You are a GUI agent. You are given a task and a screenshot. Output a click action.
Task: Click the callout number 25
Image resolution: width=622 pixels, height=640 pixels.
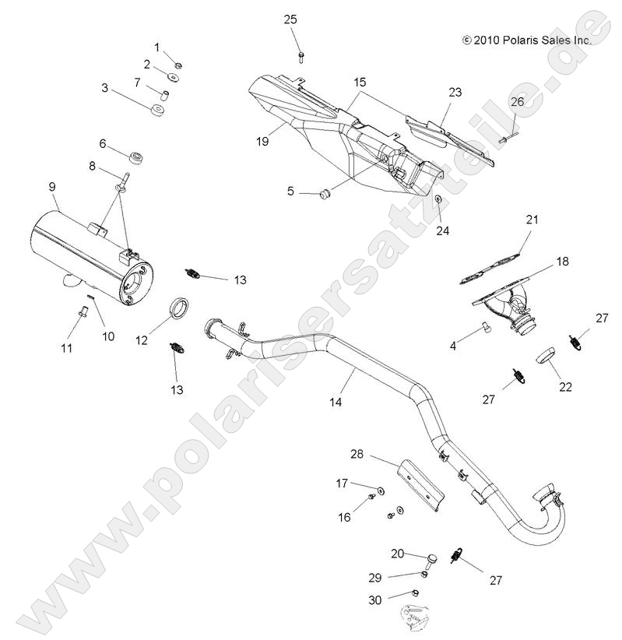coord(290,19)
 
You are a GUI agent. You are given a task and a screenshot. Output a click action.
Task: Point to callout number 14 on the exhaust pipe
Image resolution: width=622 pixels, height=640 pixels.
coord(336,402)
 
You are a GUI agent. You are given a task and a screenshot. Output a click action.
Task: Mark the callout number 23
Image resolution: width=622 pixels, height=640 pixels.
coord(455,92)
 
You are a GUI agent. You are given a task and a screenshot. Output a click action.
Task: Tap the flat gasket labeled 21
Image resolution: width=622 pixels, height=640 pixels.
coord(490,255)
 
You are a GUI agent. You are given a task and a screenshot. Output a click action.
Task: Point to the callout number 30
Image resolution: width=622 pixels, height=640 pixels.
coord(375,600)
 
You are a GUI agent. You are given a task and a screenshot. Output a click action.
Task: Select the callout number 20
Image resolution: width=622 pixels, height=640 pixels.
coord(398,553)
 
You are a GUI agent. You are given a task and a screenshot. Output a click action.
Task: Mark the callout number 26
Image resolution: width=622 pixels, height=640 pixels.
coord(517,101)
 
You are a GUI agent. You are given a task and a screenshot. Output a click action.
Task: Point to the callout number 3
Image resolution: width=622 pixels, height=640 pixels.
coord(105,88)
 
